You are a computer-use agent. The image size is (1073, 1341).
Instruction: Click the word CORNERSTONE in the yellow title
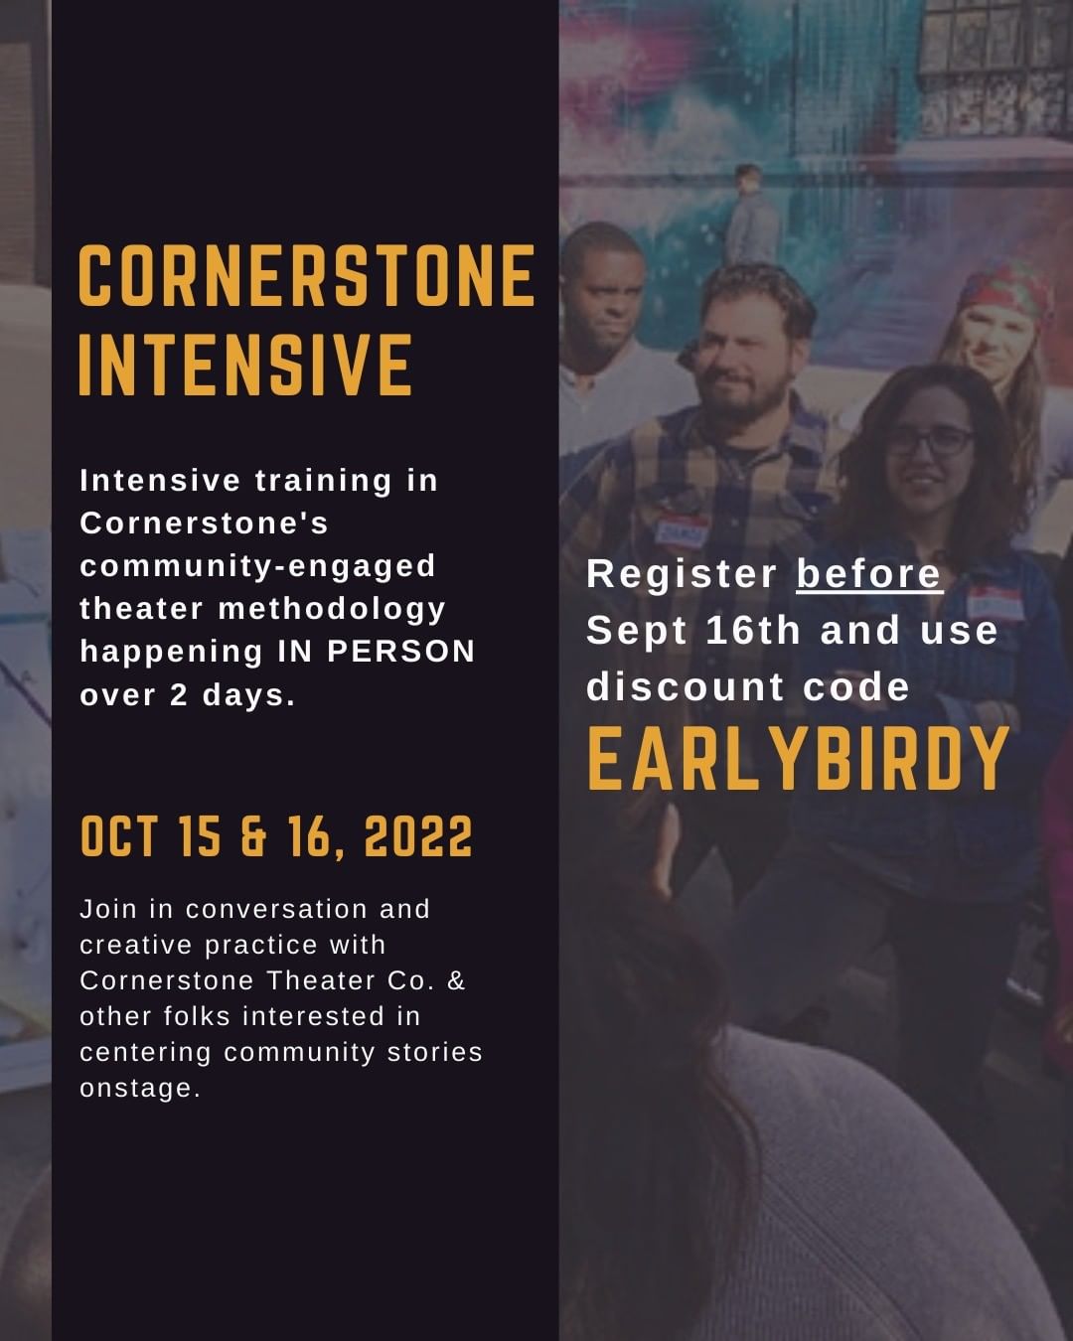[x=307, y=275]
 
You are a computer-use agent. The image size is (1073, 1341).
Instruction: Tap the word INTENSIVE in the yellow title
[x=245, y=364]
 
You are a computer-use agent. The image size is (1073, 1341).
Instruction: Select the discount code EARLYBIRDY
[x=798, y=759]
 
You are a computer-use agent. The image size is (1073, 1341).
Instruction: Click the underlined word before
[x=869, y=573]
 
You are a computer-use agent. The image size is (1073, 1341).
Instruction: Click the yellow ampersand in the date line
[x=253, y=836]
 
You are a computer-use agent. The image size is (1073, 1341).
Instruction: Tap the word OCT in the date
[x=119, y=836]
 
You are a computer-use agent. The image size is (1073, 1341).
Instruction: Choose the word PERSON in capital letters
[x=401, y=652]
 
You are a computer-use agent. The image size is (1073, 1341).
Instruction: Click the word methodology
[x=332, y=610]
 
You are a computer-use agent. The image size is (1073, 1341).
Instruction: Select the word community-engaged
[x=257, y=566]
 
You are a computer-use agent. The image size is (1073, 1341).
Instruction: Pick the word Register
[x=682, y=574]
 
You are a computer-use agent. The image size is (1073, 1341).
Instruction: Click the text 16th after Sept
[x=752, y=630]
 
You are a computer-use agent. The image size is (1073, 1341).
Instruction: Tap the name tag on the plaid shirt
[x=683, y=529]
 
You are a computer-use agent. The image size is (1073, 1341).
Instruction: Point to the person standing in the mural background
[x=752, y=215]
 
